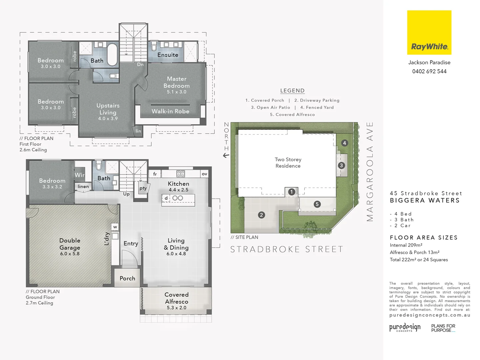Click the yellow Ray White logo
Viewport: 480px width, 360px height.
(429, 32)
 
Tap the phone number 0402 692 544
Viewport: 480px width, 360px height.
(429, 71)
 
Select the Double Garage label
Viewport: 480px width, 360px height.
(70, 244)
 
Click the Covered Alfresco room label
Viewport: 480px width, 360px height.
(176, 298)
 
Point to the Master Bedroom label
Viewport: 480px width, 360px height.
(176, 82)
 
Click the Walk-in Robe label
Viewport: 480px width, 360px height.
(170, 111)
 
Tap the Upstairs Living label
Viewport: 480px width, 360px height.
(108, 109)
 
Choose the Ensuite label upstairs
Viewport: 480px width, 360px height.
(168, 55)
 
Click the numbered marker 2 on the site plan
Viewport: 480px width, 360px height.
(261, 215)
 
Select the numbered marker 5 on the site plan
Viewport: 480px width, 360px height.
(317, 204)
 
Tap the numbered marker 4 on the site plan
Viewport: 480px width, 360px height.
(344, 143)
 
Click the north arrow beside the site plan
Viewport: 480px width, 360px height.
(226, 155)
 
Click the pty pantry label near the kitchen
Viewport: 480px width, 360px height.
(143, 188)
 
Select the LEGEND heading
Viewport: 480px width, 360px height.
(292, 91)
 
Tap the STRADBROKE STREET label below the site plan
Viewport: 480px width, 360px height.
(287, 249)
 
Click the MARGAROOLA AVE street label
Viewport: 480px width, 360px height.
(370, 172)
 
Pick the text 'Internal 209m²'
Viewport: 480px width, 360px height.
(406, 245)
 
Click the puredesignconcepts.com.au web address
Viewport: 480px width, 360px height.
(430, 315)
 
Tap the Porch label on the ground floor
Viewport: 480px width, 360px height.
(127, 278)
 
